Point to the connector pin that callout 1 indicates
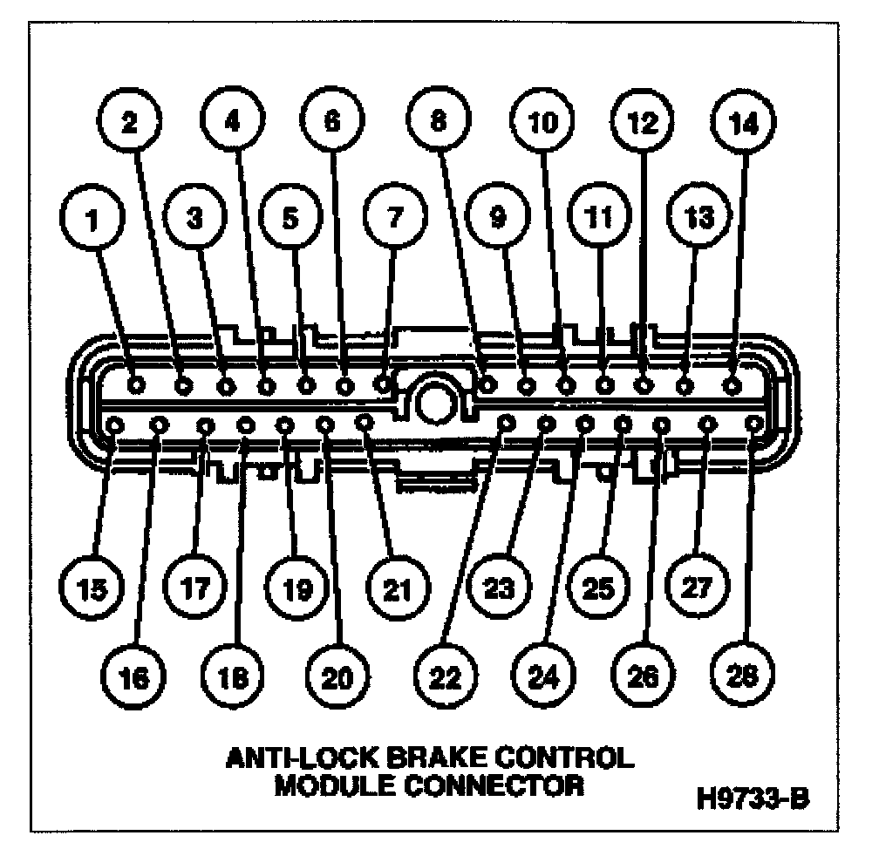(x=136, y=384)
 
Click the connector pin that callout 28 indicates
(x=755, y=424)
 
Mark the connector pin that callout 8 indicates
(x=488, y=383)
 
